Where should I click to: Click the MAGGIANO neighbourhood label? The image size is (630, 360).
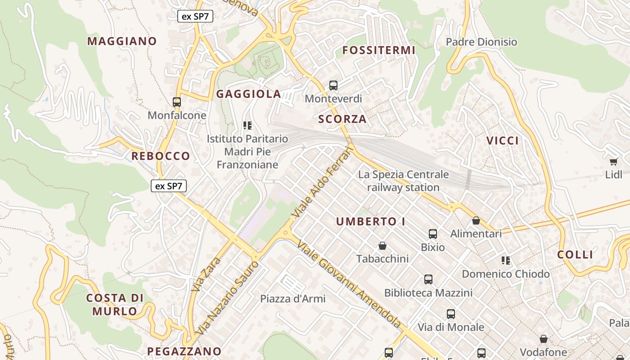coord(122,41)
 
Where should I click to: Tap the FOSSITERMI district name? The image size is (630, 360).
coord(379,50)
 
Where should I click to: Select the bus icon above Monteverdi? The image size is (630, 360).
coord(333,85)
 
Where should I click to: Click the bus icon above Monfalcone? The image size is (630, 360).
coord(177,102)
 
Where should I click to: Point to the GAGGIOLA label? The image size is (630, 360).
coord(249,94)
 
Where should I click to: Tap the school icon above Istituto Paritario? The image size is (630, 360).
coord(247,125)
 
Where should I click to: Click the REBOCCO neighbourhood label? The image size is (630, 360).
coord(161,156)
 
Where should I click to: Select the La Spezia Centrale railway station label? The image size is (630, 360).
coord(403,181)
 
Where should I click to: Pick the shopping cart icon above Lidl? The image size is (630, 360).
coord(613,162)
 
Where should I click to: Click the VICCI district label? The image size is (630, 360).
coord(503,141)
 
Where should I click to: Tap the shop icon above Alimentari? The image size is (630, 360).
coord(476,220)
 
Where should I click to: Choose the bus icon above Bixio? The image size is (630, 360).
coord(433,234)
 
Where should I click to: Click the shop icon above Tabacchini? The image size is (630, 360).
coord(382,246)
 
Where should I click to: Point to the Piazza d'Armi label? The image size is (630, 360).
coord(293,299)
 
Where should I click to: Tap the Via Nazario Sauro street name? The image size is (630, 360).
coord(228,297)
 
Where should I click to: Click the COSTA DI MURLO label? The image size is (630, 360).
coord(115,305)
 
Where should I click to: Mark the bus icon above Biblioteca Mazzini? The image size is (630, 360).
coord(428,279)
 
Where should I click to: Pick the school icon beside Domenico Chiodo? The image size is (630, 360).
coord(506,261)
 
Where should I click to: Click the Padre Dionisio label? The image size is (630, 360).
coord(481,42)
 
